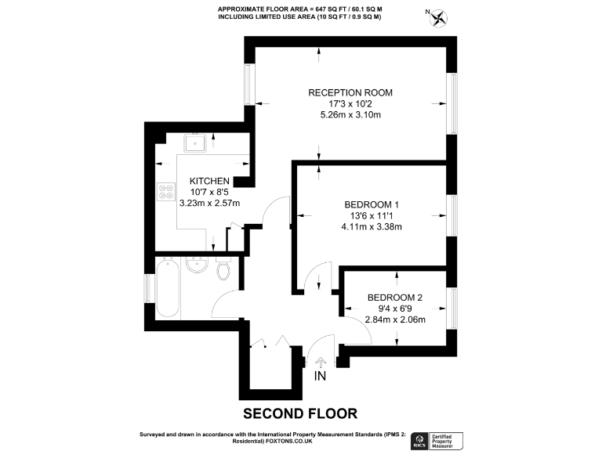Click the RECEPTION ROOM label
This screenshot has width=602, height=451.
click(350, 92)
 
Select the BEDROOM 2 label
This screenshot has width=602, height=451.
click(395, 298)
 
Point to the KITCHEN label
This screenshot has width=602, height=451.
click(209, 181)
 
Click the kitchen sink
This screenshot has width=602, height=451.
click(194, 143)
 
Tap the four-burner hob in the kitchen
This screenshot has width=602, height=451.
click(166, 193)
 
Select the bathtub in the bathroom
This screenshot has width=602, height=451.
click(169, 289)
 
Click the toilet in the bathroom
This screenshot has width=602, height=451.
click(223, 271)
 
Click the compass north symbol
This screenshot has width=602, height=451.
click(439, 16)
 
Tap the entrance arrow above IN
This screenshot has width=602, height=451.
click(320, 361)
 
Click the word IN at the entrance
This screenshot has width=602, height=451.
click(320, 377)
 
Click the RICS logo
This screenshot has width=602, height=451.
click(420, 440)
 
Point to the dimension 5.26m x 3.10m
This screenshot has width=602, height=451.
click(350, 115)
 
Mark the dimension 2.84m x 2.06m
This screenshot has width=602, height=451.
click(395, 320)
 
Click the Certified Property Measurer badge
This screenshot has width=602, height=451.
click(448, 440)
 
